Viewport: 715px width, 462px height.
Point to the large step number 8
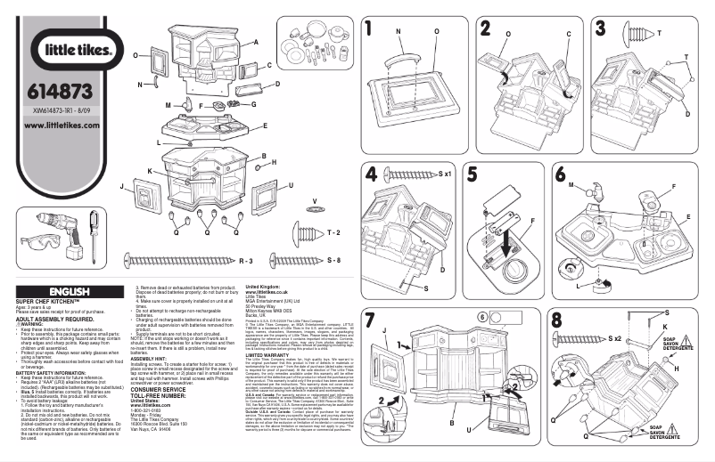557,320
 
